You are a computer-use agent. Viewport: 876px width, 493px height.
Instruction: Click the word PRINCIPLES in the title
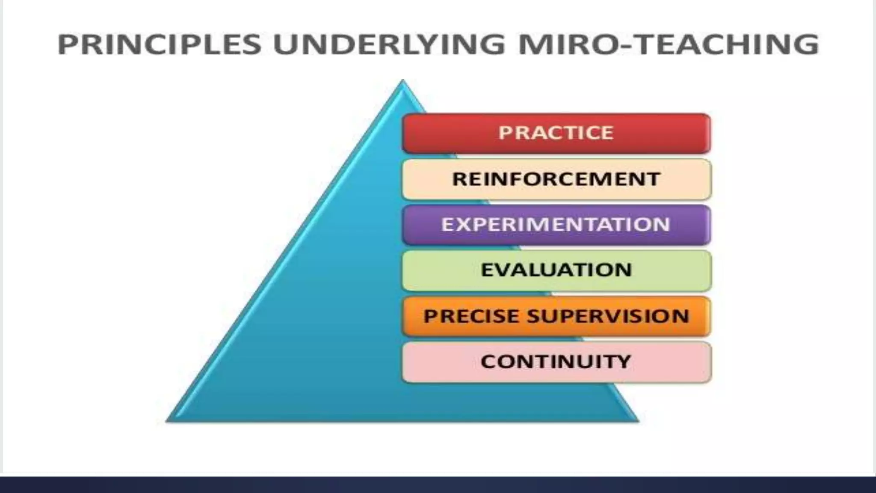pyautogui.click(x=159, y=44)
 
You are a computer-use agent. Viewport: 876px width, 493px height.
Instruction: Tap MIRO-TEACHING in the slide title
pyautogui.click(x=669, y=44)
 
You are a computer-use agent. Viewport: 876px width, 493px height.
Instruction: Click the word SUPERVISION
pyautogui.click(x=608, y=316)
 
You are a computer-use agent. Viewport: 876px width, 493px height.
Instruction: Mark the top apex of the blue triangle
pyautogui.click(x=402, y=81)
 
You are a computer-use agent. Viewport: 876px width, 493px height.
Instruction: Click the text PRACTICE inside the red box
pyautogui.click(x=556, y=133)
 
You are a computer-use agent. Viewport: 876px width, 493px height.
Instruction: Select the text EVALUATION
pyautogui.click(x=556, y=270)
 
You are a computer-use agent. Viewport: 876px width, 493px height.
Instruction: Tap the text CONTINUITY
pyautogui.click(x=556, y=362)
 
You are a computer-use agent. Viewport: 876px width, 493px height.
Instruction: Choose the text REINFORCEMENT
pyautogui.click(x=556, y=179)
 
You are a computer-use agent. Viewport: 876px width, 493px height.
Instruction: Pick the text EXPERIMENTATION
pyautogui.click(x=556, y=224)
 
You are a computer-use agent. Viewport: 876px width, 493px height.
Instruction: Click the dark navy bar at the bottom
pyautogui.click(x=438, y=485)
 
